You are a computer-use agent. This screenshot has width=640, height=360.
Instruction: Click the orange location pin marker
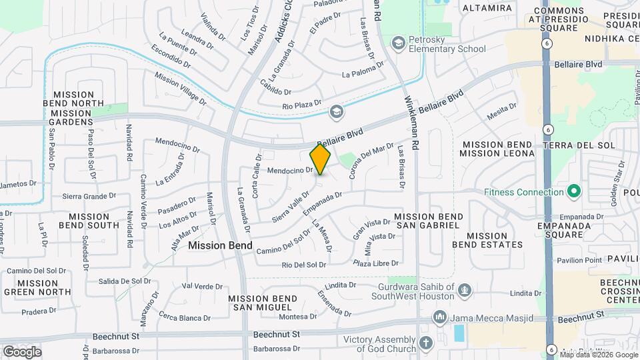pyautogui.click(x=320, y=160)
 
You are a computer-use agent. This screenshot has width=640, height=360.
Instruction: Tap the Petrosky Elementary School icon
pyautogui.click(x=398, y=43)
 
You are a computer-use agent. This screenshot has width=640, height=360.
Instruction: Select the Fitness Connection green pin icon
pyautogui.click(x=573, y=193)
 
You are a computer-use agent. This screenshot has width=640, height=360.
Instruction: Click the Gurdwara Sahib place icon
pyautogui.click(x=465, y=290)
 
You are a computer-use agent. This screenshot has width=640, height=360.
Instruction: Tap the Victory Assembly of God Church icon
pyautogui.click(x=425, y=343)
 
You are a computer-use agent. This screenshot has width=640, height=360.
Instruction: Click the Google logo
pyautogui.click(x=22, y=351)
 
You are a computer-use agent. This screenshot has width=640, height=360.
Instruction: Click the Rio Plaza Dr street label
pyautogui.click(x=302, y=106)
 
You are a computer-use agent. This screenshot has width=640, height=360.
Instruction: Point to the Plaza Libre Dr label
pyautogui.click(x=376, y=264)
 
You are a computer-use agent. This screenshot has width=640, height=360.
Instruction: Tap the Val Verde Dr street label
pyautogui.click(x=197, y=286)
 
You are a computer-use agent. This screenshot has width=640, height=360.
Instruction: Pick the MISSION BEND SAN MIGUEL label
pyautogui.click(x=260, y=303)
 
